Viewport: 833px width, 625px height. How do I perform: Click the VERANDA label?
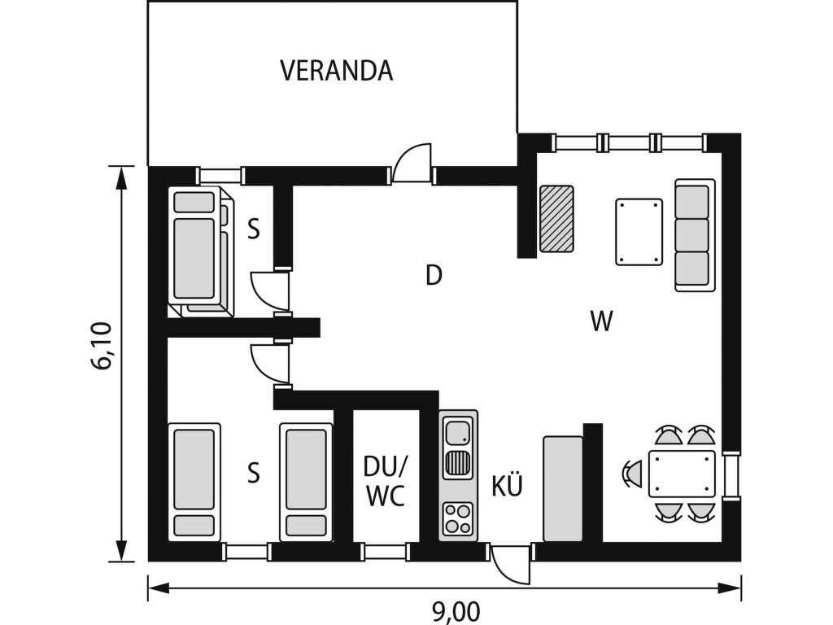pos(336,71)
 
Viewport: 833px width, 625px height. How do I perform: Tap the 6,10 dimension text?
pos(102,345)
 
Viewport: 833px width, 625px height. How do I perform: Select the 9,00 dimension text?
pos(456,612)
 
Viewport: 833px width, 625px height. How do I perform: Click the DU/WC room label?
pos(386,480)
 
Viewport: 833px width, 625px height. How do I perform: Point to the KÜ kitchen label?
pos(508,485)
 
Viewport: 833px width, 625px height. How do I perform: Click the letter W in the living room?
pos(602,321)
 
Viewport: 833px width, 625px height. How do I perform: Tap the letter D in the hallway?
pos(434,275)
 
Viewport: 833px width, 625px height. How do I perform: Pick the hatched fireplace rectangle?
pos(556,218)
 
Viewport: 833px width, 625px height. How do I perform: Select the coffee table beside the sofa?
pos(639,232)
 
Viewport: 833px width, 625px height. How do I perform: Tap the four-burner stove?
pos(459,518)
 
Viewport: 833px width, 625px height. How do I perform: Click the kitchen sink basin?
pos(459,431)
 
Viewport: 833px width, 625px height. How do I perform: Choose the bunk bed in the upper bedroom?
pos(202,251)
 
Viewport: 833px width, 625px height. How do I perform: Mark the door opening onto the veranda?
pos(412,164)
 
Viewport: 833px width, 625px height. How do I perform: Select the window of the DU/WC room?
pos(386,551)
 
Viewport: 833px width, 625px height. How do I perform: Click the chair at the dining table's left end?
pos(633,474)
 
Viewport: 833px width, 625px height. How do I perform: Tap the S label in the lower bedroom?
pos(254,472)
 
